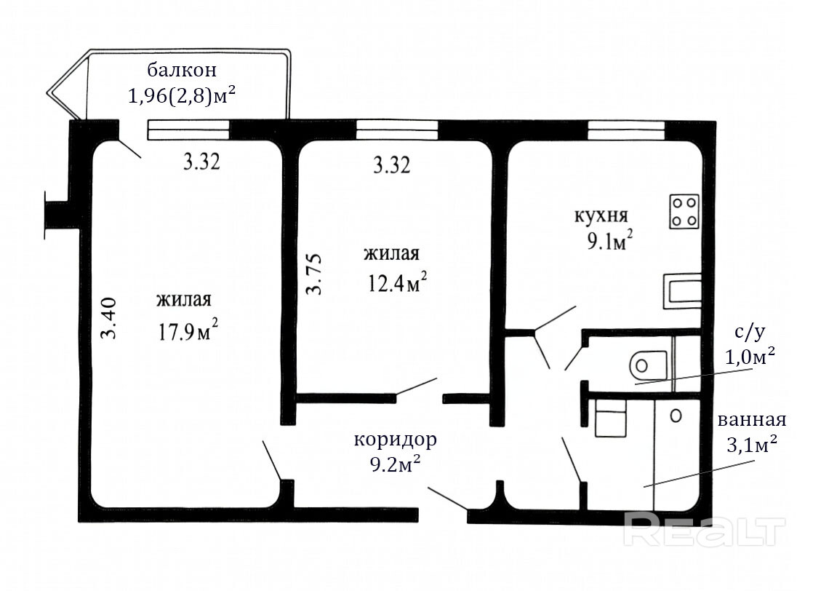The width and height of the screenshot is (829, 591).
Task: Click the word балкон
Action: pos(182,71)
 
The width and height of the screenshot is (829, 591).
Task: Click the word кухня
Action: pos(601,215)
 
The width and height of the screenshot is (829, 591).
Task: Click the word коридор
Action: pos(396,440)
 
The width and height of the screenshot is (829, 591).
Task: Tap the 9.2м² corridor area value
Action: pos(396,464)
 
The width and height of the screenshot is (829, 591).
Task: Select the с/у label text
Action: pos(750,333)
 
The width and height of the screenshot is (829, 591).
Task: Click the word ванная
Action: pos(752,420)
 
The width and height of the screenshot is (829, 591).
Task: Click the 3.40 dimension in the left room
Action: pos(109,318)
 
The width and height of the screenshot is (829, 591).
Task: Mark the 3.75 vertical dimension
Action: pos(314,274)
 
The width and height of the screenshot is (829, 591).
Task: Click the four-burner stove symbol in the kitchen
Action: pos(685,211)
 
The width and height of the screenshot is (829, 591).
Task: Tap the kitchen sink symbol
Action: pos(683,292)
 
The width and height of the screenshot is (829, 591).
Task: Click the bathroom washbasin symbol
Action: pos(611,418)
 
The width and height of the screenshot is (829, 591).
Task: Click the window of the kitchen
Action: pos(626,130)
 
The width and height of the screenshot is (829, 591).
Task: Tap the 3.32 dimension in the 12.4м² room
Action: pos(392,166)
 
